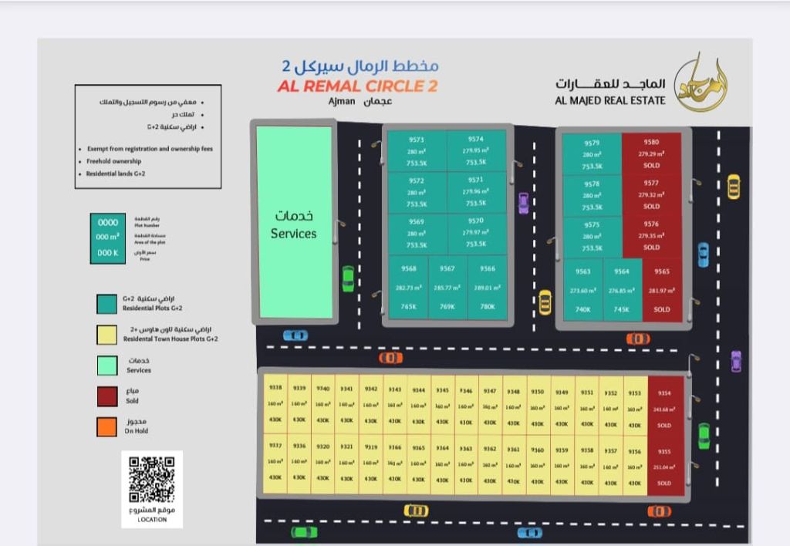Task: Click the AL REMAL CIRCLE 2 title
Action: [x=357, y=86]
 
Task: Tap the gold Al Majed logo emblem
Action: [x=701, y=83]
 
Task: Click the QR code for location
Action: [x=151, y=480]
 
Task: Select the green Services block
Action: [x=294, y=223]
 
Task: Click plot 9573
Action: [x=417, y=151]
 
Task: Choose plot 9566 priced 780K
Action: [x=487, y=287]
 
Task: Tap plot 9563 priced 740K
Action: [x=582, y=290]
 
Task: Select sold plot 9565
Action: [x=661, y=290]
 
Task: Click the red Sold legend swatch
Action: [x=107, y=396]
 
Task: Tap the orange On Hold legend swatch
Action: [x=107, y=426]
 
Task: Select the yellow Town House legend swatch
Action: [x=107, y=334]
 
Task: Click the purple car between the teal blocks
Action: [x=524, y=203]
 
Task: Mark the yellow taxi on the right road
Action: [x=733, y=186]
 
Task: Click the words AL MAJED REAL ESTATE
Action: [x=609, y=100]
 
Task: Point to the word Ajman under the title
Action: [x=341, y=101]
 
